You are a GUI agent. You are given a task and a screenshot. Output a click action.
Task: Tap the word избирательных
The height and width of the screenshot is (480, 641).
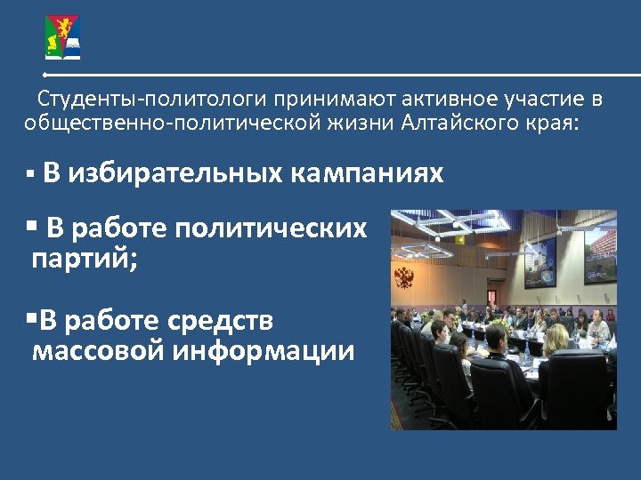point(175,173)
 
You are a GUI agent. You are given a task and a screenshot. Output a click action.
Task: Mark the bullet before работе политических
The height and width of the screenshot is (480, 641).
point(32,227)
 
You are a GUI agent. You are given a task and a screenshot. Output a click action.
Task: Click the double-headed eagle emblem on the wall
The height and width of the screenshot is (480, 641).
point(404,276)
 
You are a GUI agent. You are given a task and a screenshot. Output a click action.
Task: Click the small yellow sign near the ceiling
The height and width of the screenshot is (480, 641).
point(460,238)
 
